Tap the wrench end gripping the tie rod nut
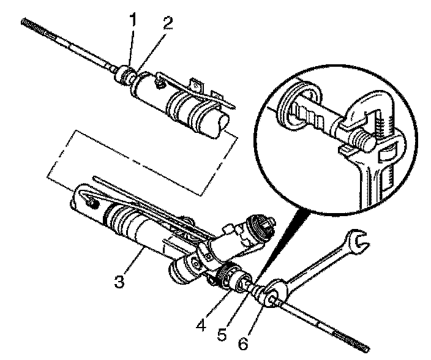pyautogui.click(x=272, y=293)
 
